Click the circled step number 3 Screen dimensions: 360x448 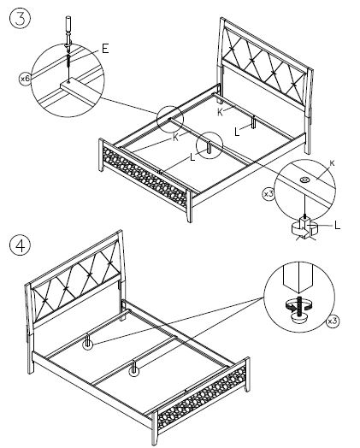20,19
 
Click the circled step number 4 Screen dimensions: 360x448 20,245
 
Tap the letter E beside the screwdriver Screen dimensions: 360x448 105,49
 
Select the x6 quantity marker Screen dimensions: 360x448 25,79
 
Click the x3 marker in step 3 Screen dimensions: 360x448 269,194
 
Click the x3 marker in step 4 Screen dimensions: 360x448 333,321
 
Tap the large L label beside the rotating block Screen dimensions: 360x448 338,226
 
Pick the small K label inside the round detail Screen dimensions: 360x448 332,163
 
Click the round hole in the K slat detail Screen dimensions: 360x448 305,180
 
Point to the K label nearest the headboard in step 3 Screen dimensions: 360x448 220,112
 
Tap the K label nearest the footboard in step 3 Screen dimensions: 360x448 175,138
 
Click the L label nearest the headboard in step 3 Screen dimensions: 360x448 237,132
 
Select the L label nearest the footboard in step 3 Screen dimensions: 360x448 192,157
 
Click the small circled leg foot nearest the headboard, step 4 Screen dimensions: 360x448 88,345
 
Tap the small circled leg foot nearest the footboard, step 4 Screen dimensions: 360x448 133,371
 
